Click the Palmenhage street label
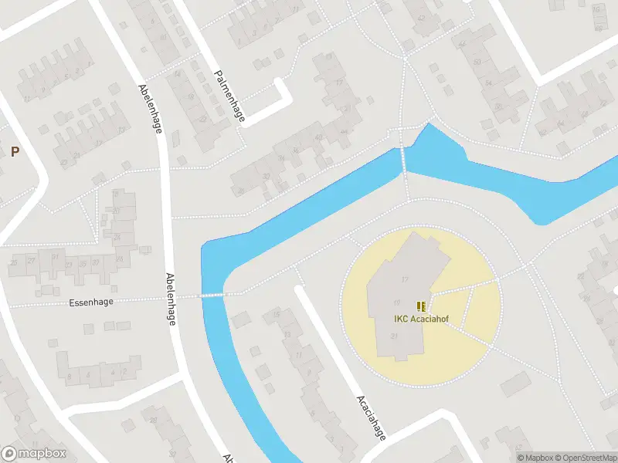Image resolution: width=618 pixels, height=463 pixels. pyautogui.click(x=229, y=96)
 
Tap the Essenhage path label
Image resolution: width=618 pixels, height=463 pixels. pyautogui.click(x=90, y=302)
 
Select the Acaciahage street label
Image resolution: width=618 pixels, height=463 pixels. pyautogui.click(x=370, y=416)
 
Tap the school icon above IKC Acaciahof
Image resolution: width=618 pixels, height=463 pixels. pyautogui.click(x=421, y=306)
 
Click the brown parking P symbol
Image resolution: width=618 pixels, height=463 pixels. pyautogui.click(x=15, y=151)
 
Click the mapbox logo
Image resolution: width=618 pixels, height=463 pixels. pyautogui.click(x=34, y=454)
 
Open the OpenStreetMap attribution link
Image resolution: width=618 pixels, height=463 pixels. pyautogui.click(x=583, y=458)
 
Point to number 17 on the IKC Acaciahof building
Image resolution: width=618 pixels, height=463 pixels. pyautogui.click(x=404, y=279)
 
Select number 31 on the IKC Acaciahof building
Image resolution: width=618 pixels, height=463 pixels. pyautogui.click(x=395, y=336)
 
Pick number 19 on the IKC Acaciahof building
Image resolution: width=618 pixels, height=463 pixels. pyautogui.click(x=397, y=302)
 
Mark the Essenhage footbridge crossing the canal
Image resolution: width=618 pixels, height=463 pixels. pyautogui.click(x=211, y=295)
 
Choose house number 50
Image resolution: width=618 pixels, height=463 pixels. pyautogui.click(x=477, y=62)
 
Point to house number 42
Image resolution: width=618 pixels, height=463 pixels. pyautogui.click(x=421, y=18)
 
